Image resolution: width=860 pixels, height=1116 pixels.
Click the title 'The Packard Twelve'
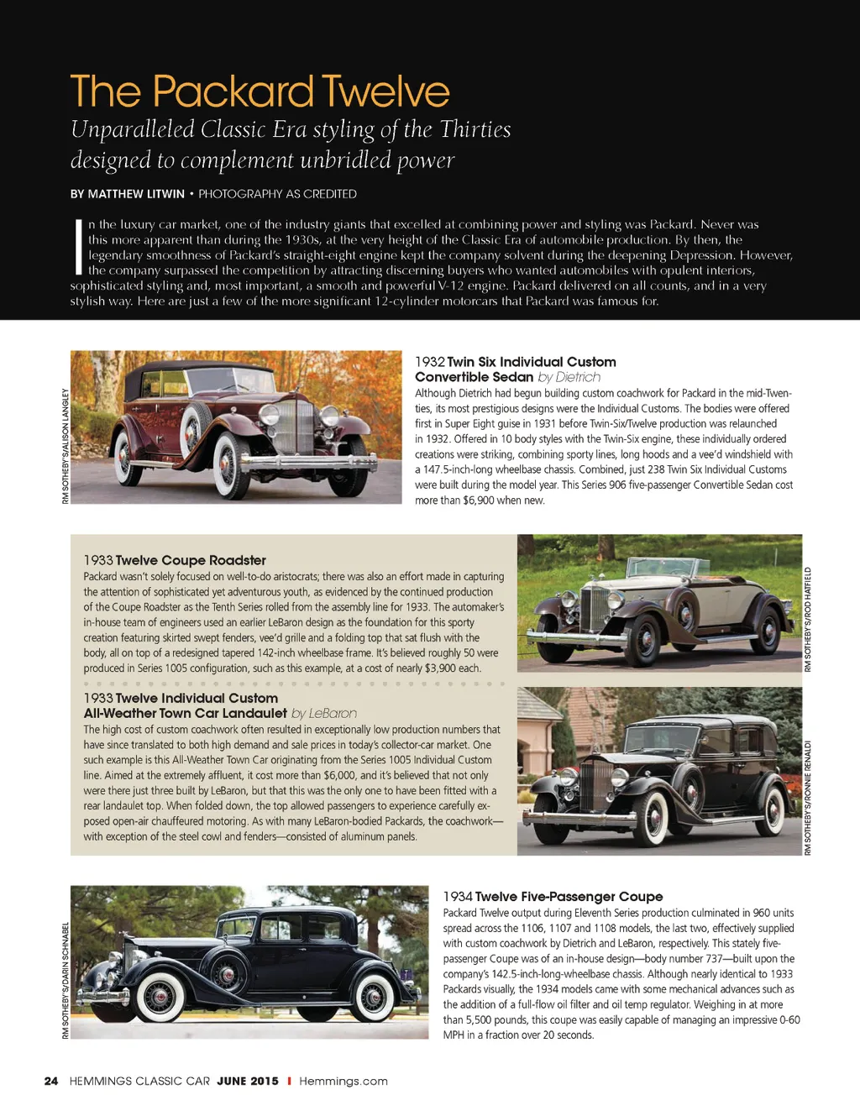point(260,92)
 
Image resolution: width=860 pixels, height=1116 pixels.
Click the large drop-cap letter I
point(78,247)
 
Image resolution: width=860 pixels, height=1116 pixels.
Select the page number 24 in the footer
point(51,1081)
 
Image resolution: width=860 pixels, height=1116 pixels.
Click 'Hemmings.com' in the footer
point(343,1081)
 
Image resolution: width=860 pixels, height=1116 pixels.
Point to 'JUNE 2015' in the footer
point(248,1081)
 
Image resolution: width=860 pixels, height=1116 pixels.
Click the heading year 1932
point(429,362)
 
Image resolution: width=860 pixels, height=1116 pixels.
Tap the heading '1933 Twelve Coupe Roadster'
point(175,560)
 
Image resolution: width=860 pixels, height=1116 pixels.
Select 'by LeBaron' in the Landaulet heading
point(324,713)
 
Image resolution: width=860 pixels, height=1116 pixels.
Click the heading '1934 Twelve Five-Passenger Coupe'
point(553,897)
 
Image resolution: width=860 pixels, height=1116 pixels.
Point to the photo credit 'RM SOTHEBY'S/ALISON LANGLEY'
point(66,445)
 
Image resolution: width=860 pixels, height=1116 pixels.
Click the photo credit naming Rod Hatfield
point(808,619)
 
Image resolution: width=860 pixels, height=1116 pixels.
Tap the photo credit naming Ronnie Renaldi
point(808,798)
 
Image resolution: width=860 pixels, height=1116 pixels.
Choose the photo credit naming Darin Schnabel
point(66,980)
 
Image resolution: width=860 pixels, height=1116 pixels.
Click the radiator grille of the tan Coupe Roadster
point(595,606)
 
